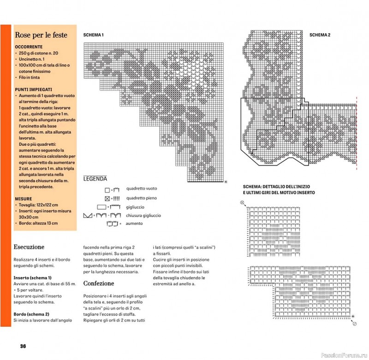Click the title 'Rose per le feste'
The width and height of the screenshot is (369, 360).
click(x=41, y=35)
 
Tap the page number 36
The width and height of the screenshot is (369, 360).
click(x=23, y=346)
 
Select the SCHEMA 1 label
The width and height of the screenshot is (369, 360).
click(x=93, y=35)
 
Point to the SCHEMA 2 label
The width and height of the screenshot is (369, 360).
click(x=320, y=35)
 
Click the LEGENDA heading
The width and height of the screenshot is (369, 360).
click(x=95, y=179)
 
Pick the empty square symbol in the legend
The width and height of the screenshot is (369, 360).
click(x=107, y=190)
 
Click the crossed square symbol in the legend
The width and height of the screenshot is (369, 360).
click(x=107, y=199)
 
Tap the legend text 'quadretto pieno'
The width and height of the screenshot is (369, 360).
click(x=142, y=198)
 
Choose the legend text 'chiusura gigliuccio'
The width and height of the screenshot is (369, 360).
click(x=143, y=215)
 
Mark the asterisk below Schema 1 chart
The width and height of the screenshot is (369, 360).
click(x=226, y=182)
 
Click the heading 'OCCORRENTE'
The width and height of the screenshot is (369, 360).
click(x=29, y=47)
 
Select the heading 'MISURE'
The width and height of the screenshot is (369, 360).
click(x=23, y=199)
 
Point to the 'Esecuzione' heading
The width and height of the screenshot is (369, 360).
click(x=29, y=247)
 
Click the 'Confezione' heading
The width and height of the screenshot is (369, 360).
click(x=99, y=283)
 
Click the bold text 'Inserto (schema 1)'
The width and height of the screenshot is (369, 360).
click(x=35, y=278)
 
